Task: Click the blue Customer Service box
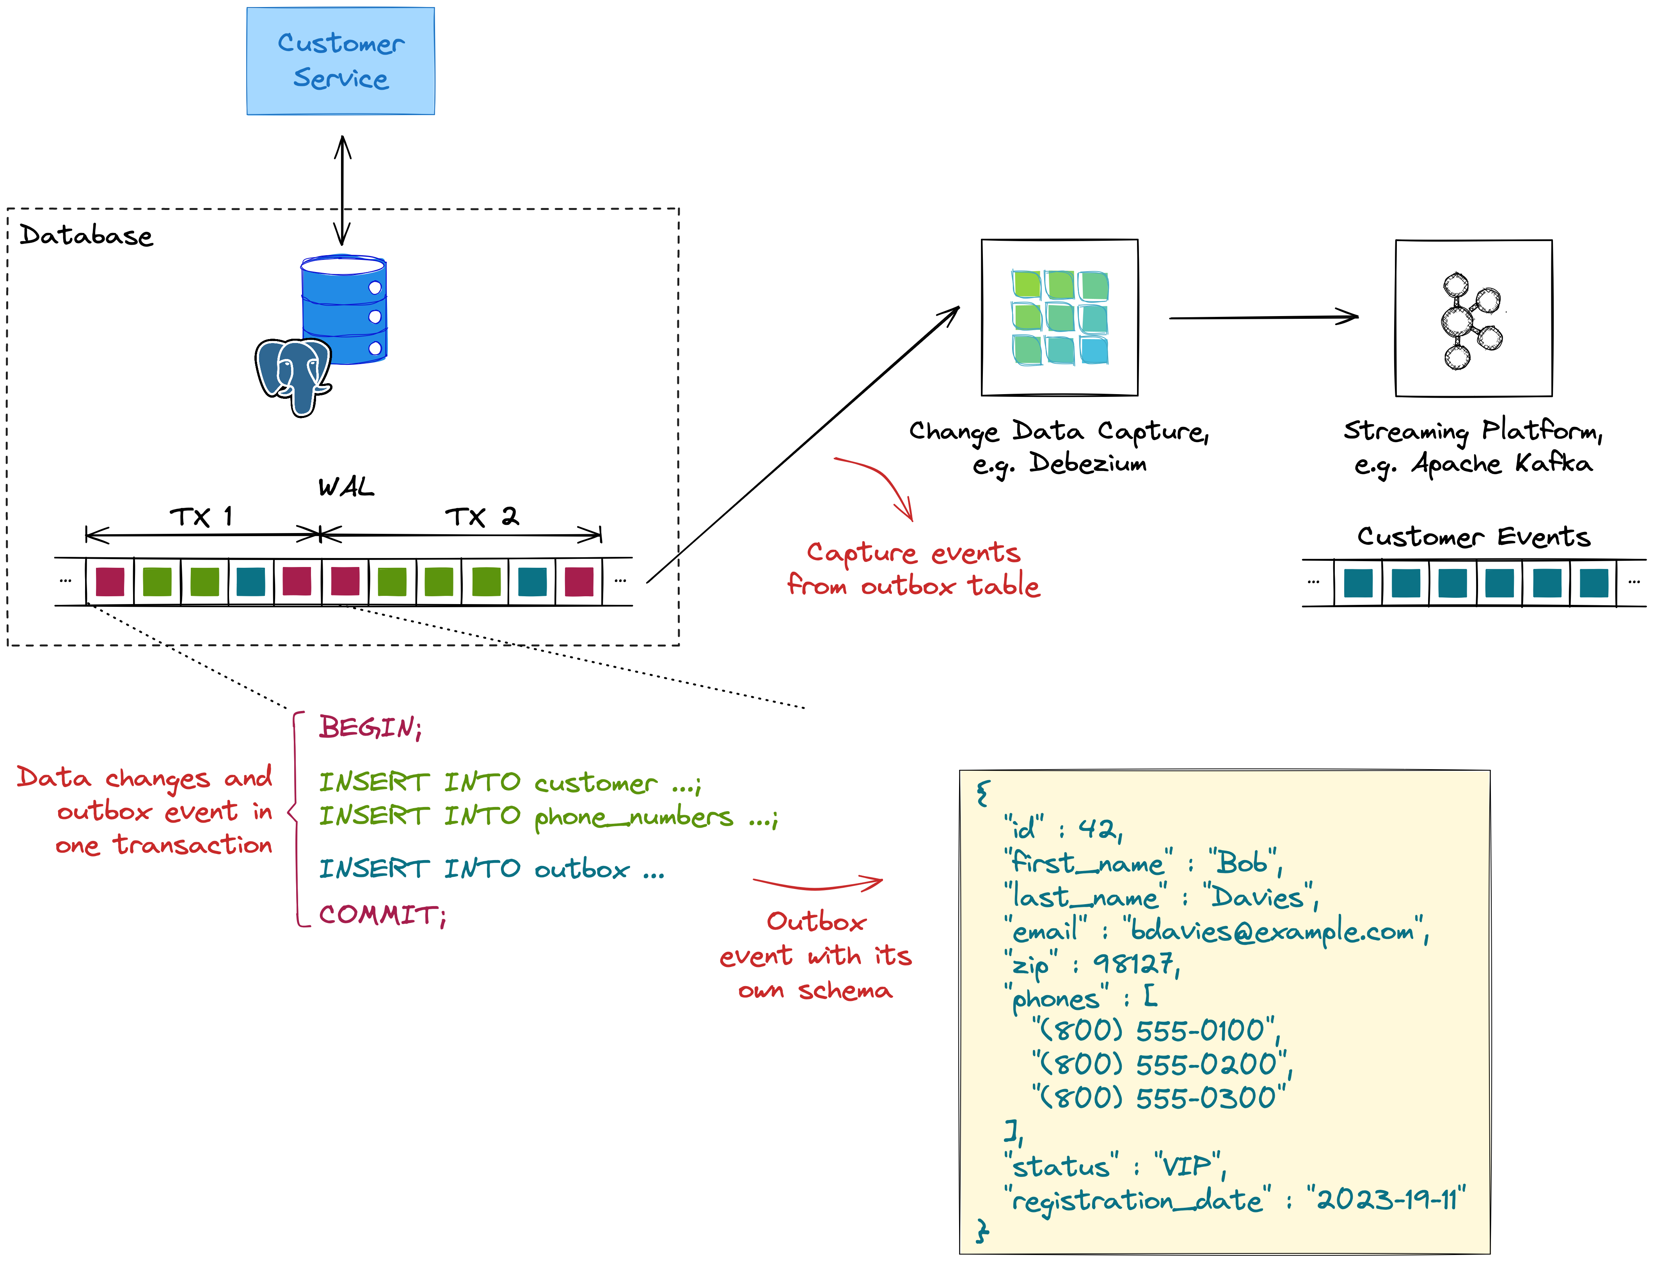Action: (x=340, y=61)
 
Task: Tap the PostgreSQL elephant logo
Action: (x=293, y=375)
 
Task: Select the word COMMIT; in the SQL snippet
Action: (x=382, y=915)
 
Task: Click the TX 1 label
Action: (x=201, y=517)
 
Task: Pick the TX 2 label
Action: (x=481, y=517)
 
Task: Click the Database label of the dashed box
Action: (x=85, y=236)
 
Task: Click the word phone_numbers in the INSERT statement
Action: (x=633, y=816)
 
